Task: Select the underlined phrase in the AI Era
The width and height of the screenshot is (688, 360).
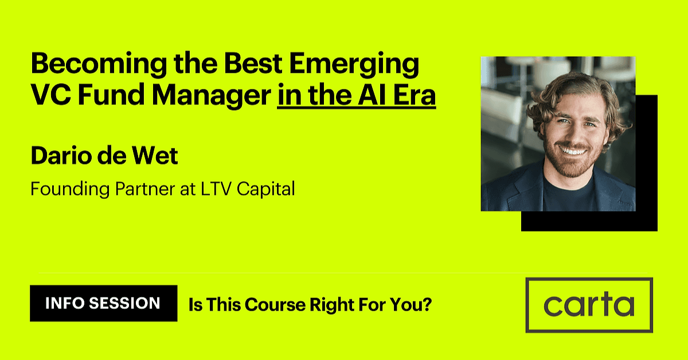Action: click(x=356, y=95)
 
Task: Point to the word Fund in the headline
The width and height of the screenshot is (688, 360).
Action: click(x=111, y=95)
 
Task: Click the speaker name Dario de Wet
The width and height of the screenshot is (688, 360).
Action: click(x=104, y=155)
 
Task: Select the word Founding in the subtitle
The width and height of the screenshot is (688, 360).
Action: click(x=70, y=189)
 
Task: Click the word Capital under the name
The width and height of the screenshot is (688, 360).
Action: click(x=265, y=189)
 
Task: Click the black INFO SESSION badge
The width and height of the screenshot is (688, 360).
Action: click(x=104, y=303)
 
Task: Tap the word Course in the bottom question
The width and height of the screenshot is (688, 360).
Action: click(x=275, y=304)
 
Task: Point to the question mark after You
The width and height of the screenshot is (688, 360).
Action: click(x=427, y=304)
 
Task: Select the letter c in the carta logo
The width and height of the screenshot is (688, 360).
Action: click(x=553, y=306)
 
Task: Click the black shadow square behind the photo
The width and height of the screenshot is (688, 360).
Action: click(x=647, y=163)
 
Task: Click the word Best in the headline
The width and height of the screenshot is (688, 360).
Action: click(x=253, y=63)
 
